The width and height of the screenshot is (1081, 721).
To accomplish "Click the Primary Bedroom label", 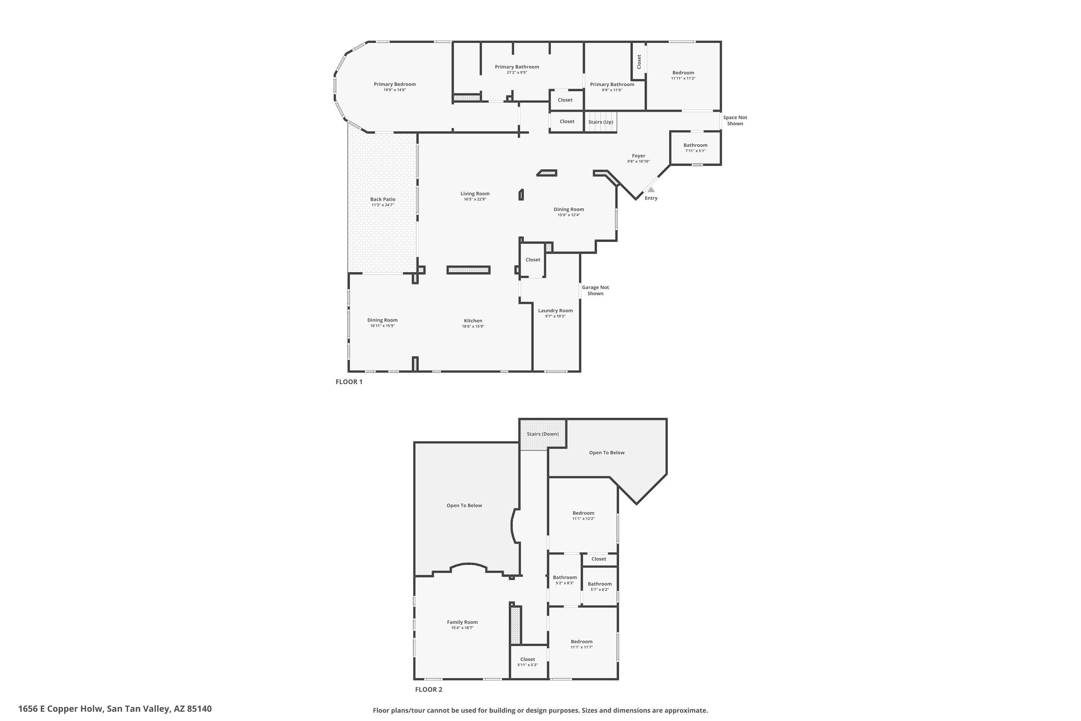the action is (x=395, y=84).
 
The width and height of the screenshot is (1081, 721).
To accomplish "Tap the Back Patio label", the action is (x=383, y=199).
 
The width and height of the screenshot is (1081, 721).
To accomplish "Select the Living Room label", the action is (x=475, y=194).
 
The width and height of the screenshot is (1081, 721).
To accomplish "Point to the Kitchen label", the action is (x=473, y=320).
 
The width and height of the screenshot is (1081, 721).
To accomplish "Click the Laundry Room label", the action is (x=555, y=310).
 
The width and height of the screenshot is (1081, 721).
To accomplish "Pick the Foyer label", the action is (x=639, y=156).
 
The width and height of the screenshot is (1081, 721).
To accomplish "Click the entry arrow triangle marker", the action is (x=651, y=190).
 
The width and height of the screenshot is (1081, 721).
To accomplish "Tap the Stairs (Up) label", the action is (x=601, y=122).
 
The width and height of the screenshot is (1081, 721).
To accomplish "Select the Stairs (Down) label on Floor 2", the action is (x=543, y=434).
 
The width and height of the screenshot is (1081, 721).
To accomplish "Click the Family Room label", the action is (x=462, y=622).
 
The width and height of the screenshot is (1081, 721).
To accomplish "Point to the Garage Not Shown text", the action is (x=595, y=290).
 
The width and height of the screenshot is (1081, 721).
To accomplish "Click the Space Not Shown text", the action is (x=735, y=120).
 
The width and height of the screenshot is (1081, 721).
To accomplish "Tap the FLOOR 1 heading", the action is (x=349, y=382).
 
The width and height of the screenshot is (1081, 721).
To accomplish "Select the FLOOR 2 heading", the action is (x=428, y=689).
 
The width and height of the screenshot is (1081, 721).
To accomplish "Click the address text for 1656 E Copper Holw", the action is (x=115, y=709).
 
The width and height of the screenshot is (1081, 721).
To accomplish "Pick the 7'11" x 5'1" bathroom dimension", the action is (x=695, y=151).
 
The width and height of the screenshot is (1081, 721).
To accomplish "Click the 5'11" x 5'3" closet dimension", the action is (x=528, y=665).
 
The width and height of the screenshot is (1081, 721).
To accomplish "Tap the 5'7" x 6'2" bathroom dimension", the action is (x=600, y=589).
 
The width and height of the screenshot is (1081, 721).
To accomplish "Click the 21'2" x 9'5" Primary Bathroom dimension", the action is (x=517, y=72).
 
